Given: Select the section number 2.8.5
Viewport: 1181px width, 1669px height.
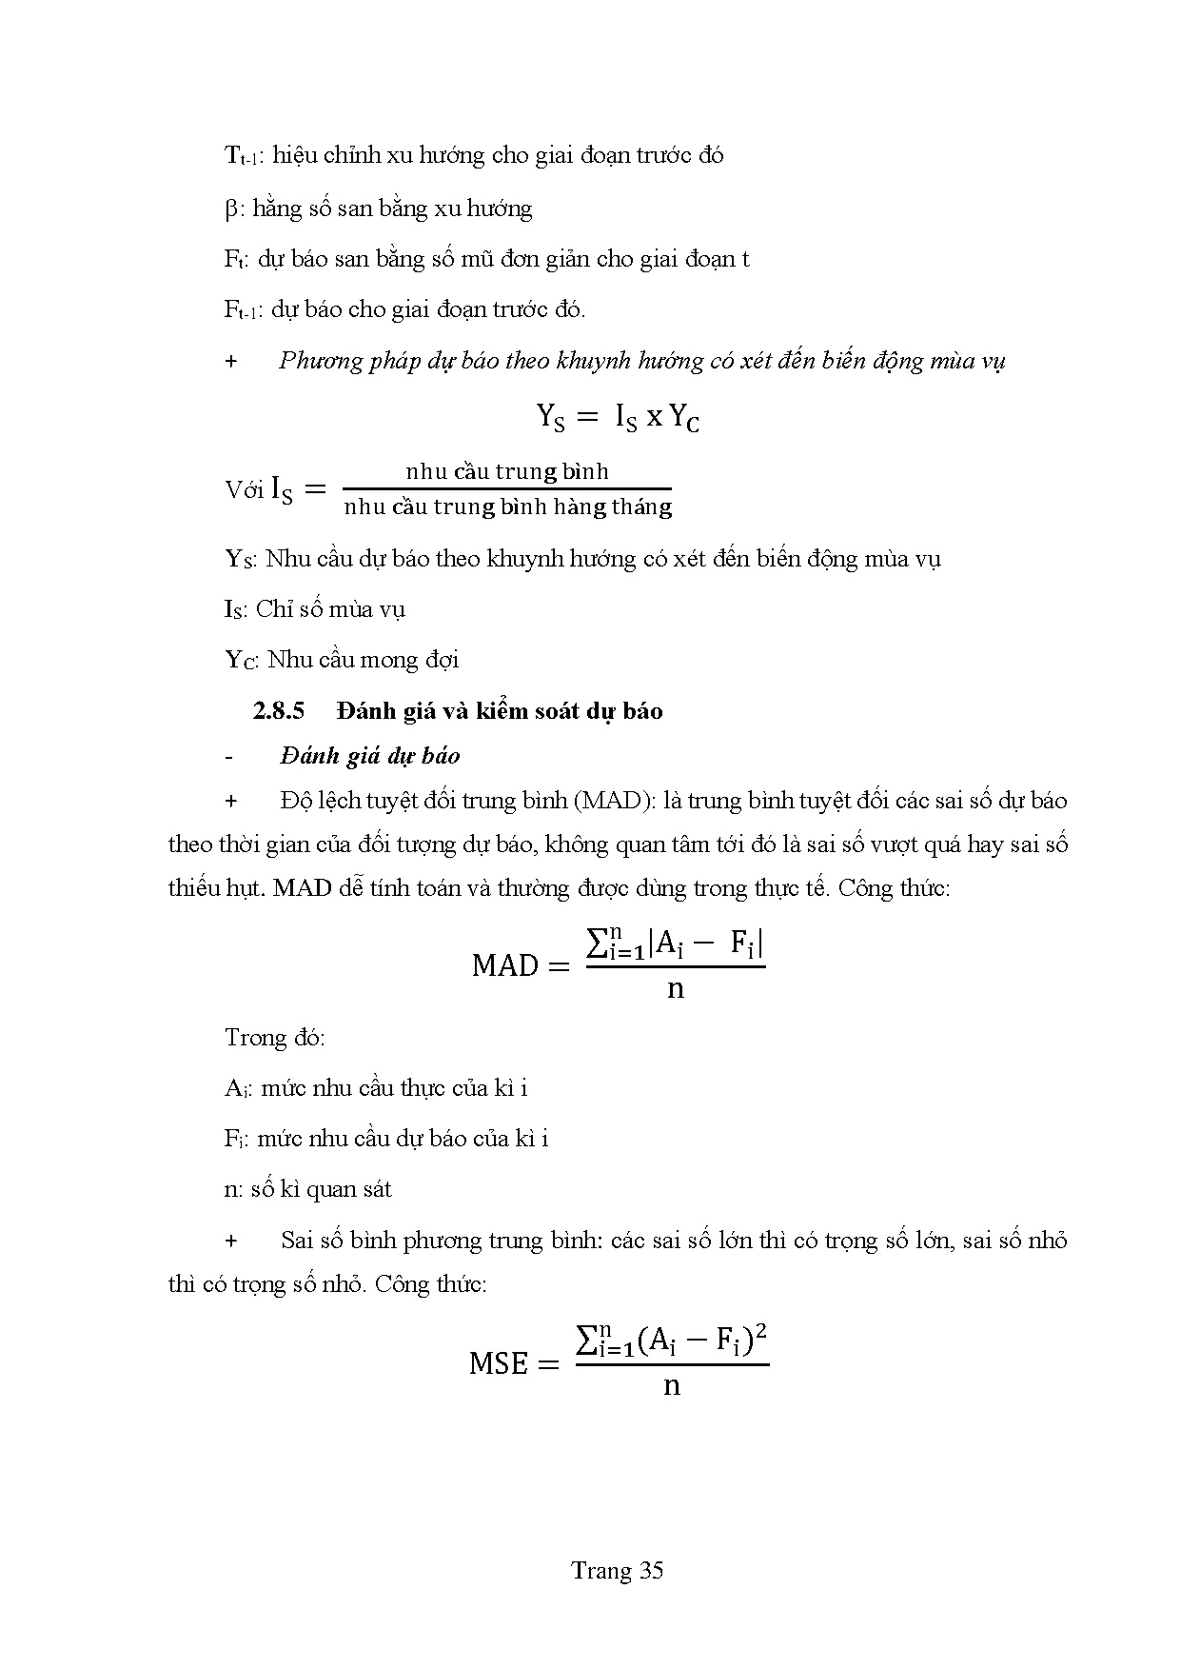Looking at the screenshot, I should point(278,711).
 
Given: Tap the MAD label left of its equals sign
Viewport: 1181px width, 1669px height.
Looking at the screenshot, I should point(505,965).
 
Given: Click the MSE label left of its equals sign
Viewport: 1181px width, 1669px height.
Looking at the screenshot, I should point(498,1363).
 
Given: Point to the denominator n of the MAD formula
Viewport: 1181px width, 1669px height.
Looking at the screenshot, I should point(675,989).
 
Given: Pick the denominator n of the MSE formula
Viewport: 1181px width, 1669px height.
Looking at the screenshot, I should point(672,1386).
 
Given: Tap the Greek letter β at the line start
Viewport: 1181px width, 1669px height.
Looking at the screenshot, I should point(232,209).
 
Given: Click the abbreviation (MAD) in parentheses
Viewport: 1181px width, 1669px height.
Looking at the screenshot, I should point(610,801).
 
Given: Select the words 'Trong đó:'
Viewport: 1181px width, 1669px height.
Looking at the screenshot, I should point(275,1037).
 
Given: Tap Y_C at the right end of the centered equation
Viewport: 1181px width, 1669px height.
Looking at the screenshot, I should point(684,418).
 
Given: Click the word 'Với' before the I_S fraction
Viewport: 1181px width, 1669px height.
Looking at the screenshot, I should point(244,490).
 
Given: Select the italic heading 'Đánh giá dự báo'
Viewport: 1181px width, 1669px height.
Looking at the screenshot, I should point(370,756).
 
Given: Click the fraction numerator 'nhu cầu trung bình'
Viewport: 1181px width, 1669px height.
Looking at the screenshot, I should point(506,471).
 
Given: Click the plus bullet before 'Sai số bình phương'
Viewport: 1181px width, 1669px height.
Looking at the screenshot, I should point(230,1241).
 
